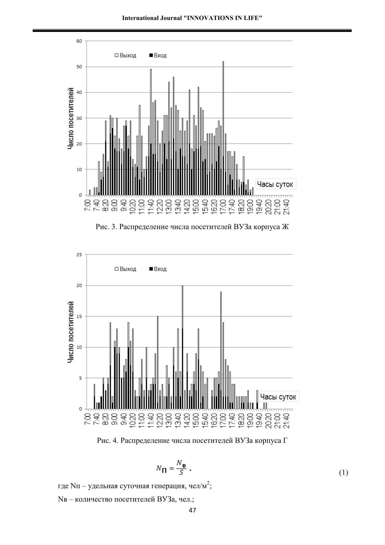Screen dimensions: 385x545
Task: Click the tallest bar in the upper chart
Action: (223, 128)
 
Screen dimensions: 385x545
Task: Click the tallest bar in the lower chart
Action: (182, 347)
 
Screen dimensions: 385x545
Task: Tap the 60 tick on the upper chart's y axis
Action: (79, 41)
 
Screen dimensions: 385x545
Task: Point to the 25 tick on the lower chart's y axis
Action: (79, 255)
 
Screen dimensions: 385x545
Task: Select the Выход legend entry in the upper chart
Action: (126, 56)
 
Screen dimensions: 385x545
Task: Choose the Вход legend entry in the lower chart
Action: (158, 269)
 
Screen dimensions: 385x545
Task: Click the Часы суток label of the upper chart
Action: (275, 184)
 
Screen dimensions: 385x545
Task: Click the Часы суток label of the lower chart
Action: (278, 397)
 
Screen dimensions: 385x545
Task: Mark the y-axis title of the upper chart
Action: (70, 118)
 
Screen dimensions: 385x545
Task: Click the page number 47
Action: (192, 510)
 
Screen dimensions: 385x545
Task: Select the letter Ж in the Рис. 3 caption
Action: (285, 227)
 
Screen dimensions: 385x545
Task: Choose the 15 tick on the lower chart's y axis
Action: (79, 316)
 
